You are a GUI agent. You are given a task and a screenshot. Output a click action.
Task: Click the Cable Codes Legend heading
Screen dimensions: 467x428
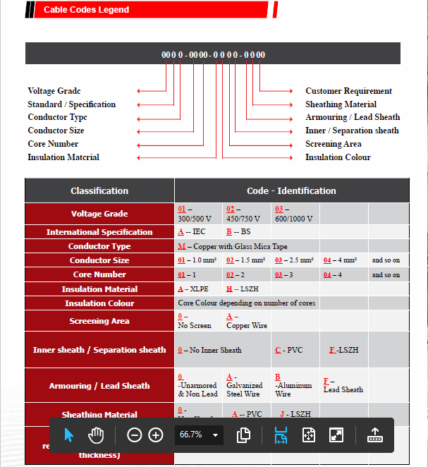[86, 10]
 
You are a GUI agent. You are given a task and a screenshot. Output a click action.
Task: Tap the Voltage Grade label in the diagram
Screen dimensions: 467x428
[54, 91]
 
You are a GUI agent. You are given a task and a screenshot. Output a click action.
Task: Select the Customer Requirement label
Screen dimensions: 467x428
[348, 91]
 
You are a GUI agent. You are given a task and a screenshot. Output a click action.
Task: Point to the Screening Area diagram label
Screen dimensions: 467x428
[333, 144]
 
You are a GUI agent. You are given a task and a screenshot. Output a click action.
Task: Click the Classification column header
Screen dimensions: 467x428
[99, 190]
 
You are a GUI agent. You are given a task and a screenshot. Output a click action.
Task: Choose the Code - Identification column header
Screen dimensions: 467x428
[291, 190]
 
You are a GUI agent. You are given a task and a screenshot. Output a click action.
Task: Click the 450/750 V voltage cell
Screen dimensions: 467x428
[243, 214]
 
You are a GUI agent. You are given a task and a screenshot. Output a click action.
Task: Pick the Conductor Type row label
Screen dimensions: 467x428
[99, 246]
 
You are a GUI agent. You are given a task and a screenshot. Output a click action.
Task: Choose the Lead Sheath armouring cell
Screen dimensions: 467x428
[343, 386]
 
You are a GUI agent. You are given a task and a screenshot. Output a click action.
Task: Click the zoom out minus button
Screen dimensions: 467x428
[134, 435]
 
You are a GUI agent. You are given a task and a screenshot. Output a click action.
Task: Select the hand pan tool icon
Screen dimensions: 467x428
[96, 435]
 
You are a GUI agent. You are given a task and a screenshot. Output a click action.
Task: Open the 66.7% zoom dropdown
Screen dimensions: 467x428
[199, 435]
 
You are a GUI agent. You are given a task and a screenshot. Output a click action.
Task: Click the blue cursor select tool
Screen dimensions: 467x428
[68, 435]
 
